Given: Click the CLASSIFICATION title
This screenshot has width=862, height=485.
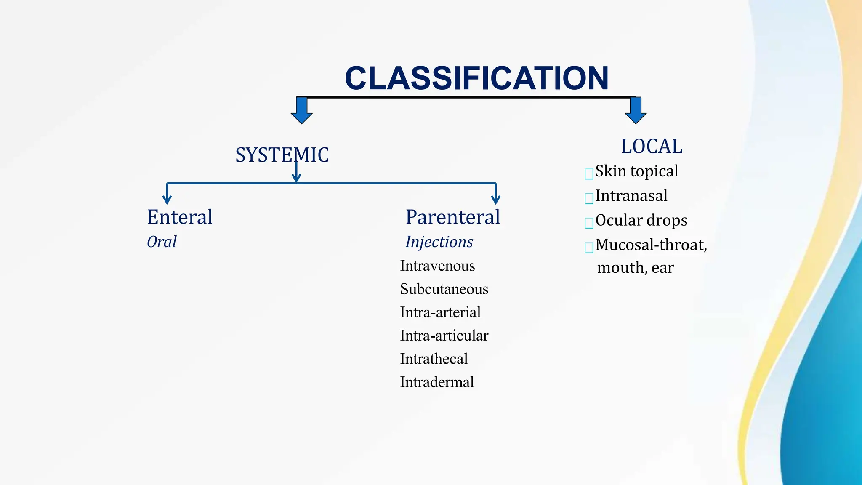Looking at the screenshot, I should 476,78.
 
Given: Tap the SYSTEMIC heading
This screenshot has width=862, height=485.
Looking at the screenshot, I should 282,155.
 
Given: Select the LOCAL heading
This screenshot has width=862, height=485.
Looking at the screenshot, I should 652,147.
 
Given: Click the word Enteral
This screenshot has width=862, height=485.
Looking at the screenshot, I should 180,217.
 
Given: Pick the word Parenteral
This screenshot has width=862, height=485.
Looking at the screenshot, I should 453,217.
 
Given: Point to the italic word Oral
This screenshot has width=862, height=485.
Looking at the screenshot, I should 162,242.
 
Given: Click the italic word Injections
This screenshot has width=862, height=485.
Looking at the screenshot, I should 439,242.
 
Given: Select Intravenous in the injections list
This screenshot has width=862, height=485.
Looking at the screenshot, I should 437,266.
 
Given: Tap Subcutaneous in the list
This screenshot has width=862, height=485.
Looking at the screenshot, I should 444,289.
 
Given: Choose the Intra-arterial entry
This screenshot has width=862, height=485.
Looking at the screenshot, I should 440,312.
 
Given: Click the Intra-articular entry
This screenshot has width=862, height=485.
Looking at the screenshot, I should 444,336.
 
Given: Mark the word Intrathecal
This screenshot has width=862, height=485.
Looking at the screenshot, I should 434,359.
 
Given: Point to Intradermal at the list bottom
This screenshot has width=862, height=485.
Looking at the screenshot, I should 437,382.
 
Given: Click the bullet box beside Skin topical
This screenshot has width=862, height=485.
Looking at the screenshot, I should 589,173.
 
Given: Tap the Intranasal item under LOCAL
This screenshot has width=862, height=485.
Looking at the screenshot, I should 631,196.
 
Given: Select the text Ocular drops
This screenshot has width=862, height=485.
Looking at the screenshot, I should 641,220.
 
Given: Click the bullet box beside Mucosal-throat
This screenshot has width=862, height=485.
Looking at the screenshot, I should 589,247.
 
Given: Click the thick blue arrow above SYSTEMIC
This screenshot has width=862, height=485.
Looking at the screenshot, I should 302,110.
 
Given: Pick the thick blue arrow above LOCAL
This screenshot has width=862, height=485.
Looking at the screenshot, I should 636,110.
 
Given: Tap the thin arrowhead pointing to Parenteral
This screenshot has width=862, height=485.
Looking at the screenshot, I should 496,199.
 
